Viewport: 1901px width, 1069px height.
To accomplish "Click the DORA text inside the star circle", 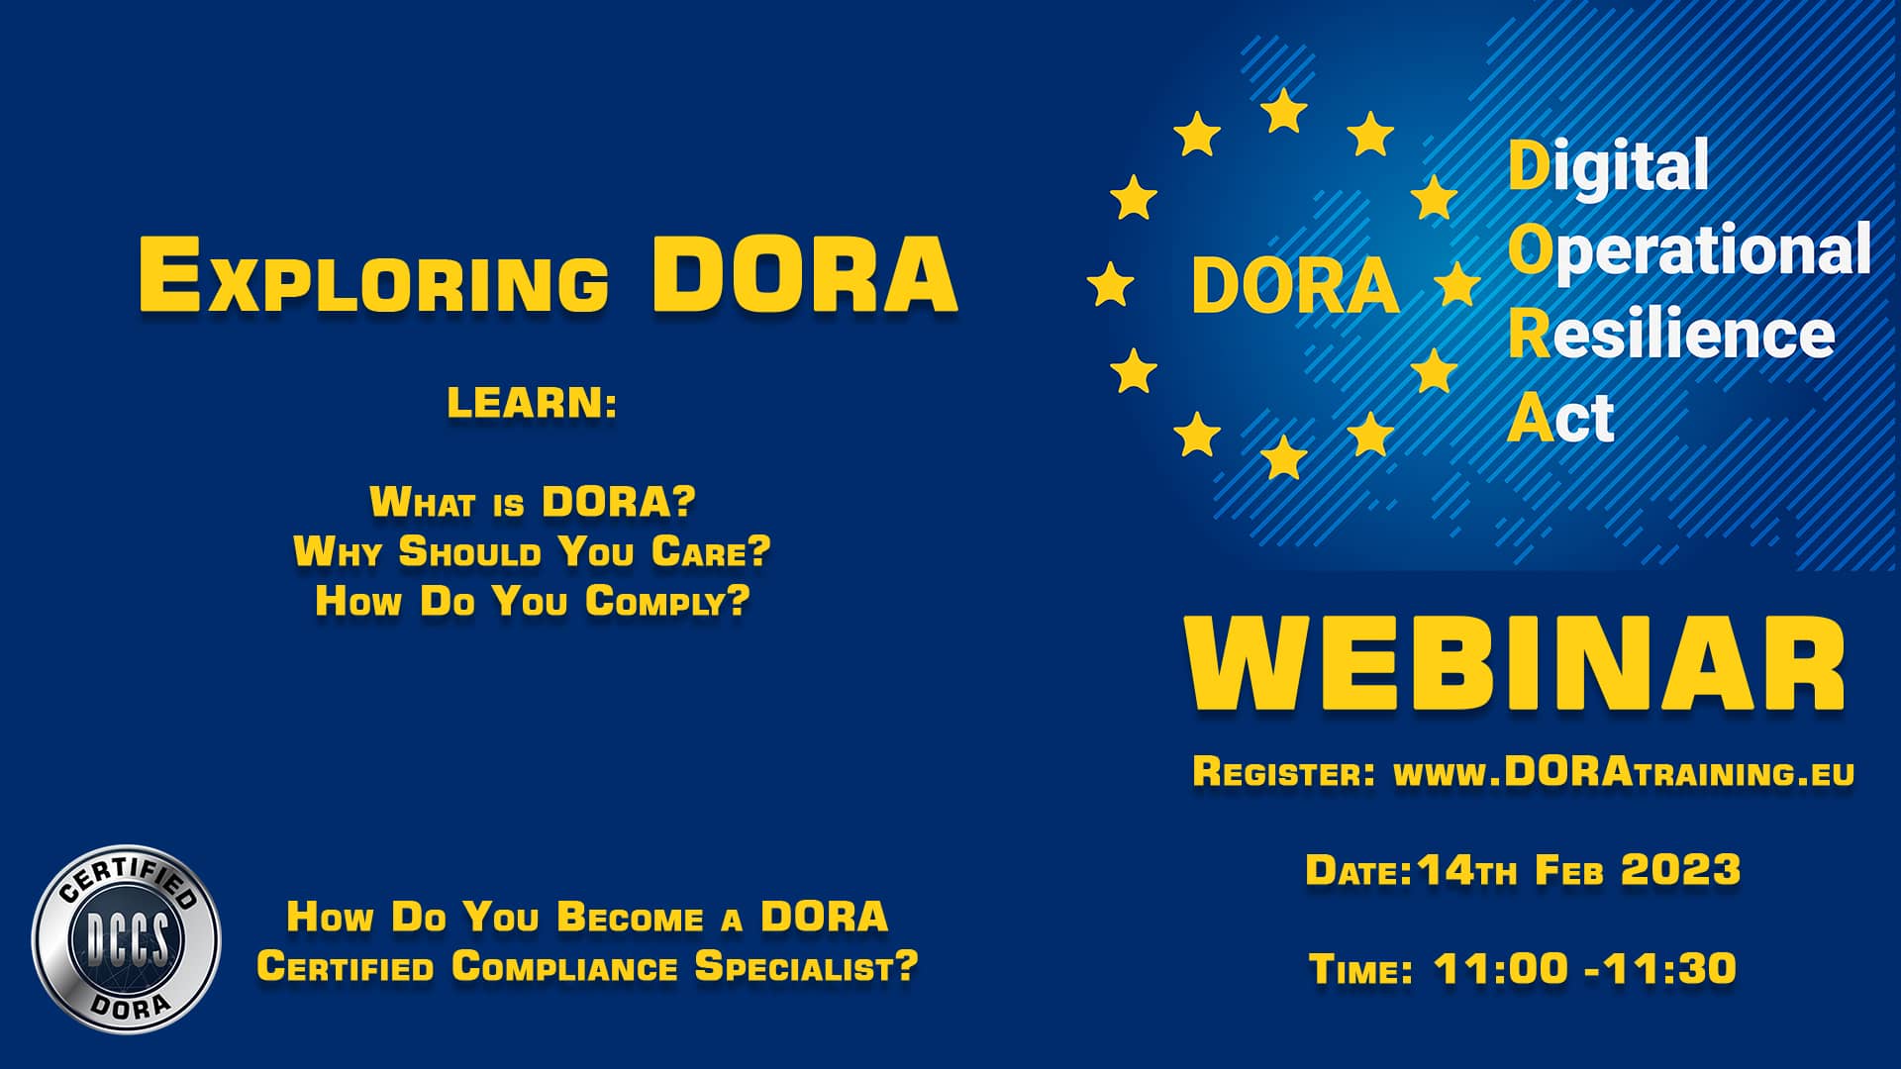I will coord(1295,285).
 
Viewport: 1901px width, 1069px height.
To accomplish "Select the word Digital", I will coord(1608,166).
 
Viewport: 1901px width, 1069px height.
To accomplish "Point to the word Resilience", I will coord(1671,335).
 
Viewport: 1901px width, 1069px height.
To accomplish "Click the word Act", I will coord(1560,418).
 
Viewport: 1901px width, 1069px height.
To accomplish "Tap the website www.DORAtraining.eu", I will coord(1624,773).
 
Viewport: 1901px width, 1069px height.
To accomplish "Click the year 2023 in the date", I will coord(1680,871).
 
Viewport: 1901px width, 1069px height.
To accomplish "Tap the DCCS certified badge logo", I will coord(126,938).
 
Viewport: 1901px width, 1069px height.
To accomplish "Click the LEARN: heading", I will coord(532,404).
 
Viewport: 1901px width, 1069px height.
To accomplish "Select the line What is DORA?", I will coord(533,502).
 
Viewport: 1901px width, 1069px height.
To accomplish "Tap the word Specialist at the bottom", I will coord(806,967).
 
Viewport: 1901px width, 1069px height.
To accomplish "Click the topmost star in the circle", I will coord(1284,111).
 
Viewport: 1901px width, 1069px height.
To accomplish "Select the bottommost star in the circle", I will coord(1284,457).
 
